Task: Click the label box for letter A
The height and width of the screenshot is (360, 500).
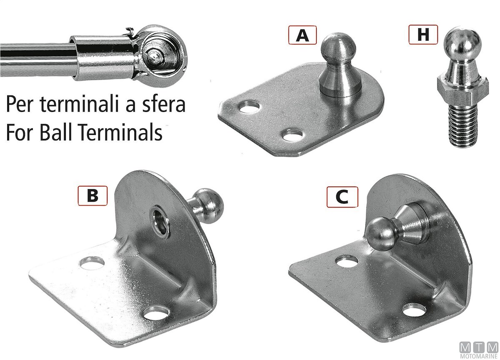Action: coord(302,35)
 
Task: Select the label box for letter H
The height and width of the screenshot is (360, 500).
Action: coord(423,35)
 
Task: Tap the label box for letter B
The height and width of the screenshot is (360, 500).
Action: coord(92,196)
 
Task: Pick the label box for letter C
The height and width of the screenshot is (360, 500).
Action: coord(342,197)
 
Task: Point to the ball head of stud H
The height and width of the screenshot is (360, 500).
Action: coord(462,42)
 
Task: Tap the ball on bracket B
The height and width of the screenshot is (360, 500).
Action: coord(209,206)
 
